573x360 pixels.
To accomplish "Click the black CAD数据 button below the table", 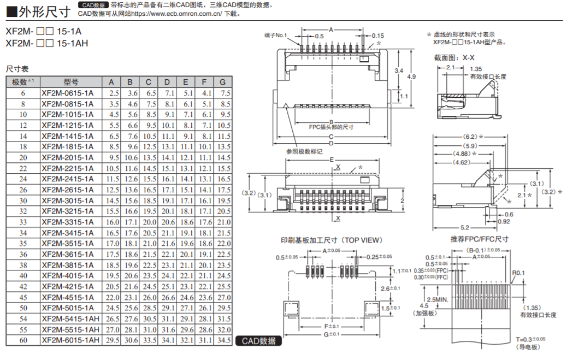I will click(259, 341).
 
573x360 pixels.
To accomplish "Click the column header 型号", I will click(70, 82).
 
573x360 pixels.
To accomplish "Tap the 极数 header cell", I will click(22, 82).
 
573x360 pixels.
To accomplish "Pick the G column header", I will click(222, 82).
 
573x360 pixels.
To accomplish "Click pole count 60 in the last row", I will click(23, 340).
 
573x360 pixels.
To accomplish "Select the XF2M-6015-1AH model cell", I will click(70, 340).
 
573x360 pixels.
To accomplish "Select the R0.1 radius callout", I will click(519, 273).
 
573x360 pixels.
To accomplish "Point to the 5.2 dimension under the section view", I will click(465, 227).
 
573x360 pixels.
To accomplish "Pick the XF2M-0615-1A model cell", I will click(67, 93).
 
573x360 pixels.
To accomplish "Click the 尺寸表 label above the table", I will click(17, 69).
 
